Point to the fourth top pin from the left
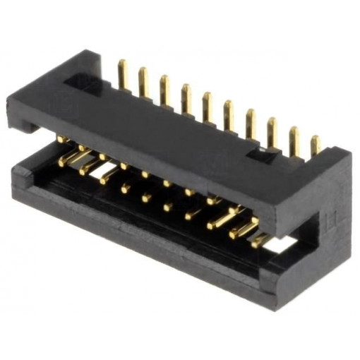[x=186, y=98]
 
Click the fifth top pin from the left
[x=208, y=107]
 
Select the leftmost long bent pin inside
[x=71, y=158]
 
